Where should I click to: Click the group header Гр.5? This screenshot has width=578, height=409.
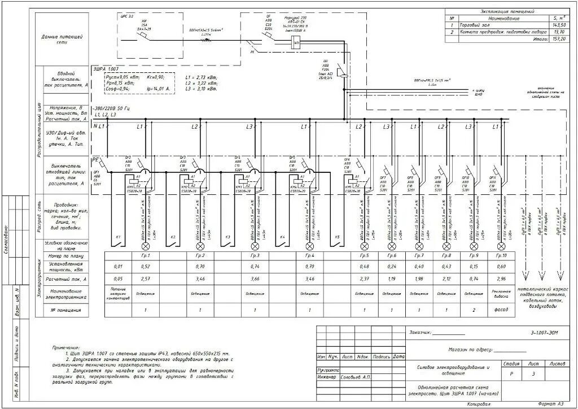click(364, 256)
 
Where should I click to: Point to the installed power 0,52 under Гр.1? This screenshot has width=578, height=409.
click(146, 267)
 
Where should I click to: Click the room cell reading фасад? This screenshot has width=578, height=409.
click(501, 310)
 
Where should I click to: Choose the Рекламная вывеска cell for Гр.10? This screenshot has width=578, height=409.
click(501, 294)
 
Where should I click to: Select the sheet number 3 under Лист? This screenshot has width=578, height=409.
click(533, 374)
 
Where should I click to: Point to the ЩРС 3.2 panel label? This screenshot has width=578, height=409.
click(127, 16)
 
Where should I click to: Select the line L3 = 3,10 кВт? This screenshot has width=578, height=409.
click(202, 89)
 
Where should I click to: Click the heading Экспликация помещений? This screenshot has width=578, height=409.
click(507, 11)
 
